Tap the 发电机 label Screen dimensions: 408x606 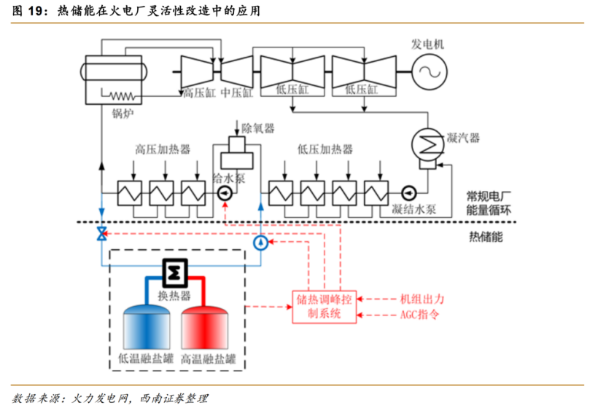(427, 44)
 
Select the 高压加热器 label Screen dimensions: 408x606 (162, 149)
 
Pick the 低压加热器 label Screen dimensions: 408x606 (325, 149)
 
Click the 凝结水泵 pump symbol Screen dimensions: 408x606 (408, 192)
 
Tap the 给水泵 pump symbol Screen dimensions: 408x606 (225, 193)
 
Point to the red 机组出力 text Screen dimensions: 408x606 (422, 299)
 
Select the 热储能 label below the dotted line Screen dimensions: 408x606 (485, 237)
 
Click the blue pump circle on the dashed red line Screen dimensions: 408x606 (260, 243)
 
